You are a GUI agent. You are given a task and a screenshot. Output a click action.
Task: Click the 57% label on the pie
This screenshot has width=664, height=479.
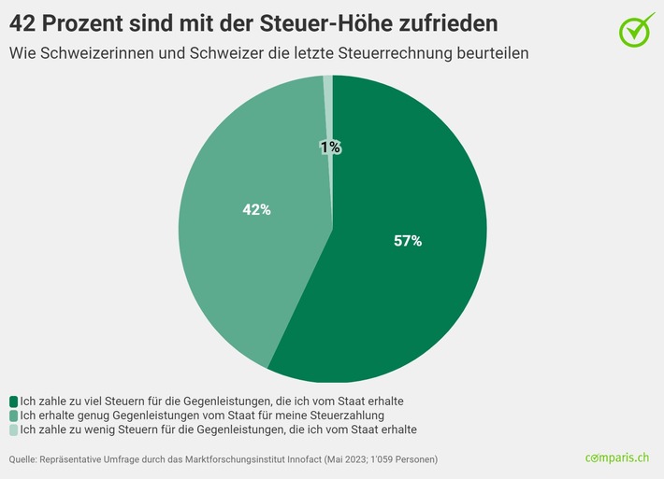[408, 241]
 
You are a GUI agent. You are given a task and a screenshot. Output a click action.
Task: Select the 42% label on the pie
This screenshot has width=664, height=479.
[256, 210]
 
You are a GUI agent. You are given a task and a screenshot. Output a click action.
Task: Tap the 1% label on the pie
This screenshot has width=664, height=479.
[330, 147]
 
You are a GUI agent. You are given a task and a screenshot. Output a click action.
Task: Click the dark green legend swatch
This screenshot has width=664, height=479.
[14, 401]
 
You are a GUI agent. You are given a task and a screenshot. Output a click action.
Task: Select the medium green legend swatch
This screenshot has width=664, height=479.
[14, 415]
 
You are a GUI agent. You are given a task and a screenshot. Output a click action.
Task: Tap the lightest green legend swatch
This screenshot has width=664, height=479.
[14, 430]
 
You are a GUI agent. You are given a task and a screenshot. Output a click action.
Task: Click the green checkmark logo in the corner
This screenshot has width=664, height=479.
[637, 29]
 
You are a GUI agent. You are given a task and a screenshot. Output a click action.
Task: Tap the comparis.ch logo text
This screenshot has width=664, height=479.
[616, 458]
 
